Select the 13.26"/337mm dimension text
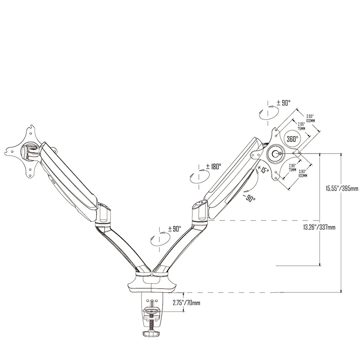coord(319,227)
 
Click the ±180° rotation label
coord(213,167)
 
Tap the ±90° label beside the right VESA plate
coord(284,102)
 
